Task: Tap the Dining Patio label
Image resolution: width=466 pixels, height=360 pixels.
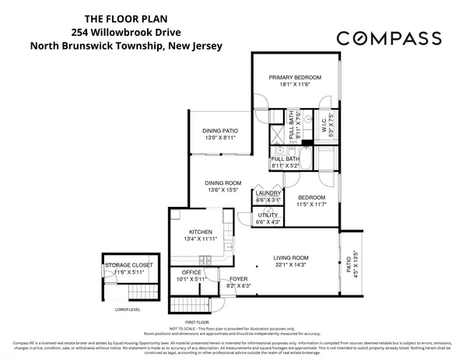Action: tap(220, 131)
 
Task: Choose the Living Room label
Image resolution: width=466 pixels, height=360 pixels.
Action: tap(292, 257)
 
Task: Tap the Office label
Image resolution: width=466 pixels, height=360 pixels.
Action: tap(191, 272)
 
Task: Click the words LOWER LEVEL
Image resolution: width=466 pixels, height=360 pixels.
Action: tap(128, 309)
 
